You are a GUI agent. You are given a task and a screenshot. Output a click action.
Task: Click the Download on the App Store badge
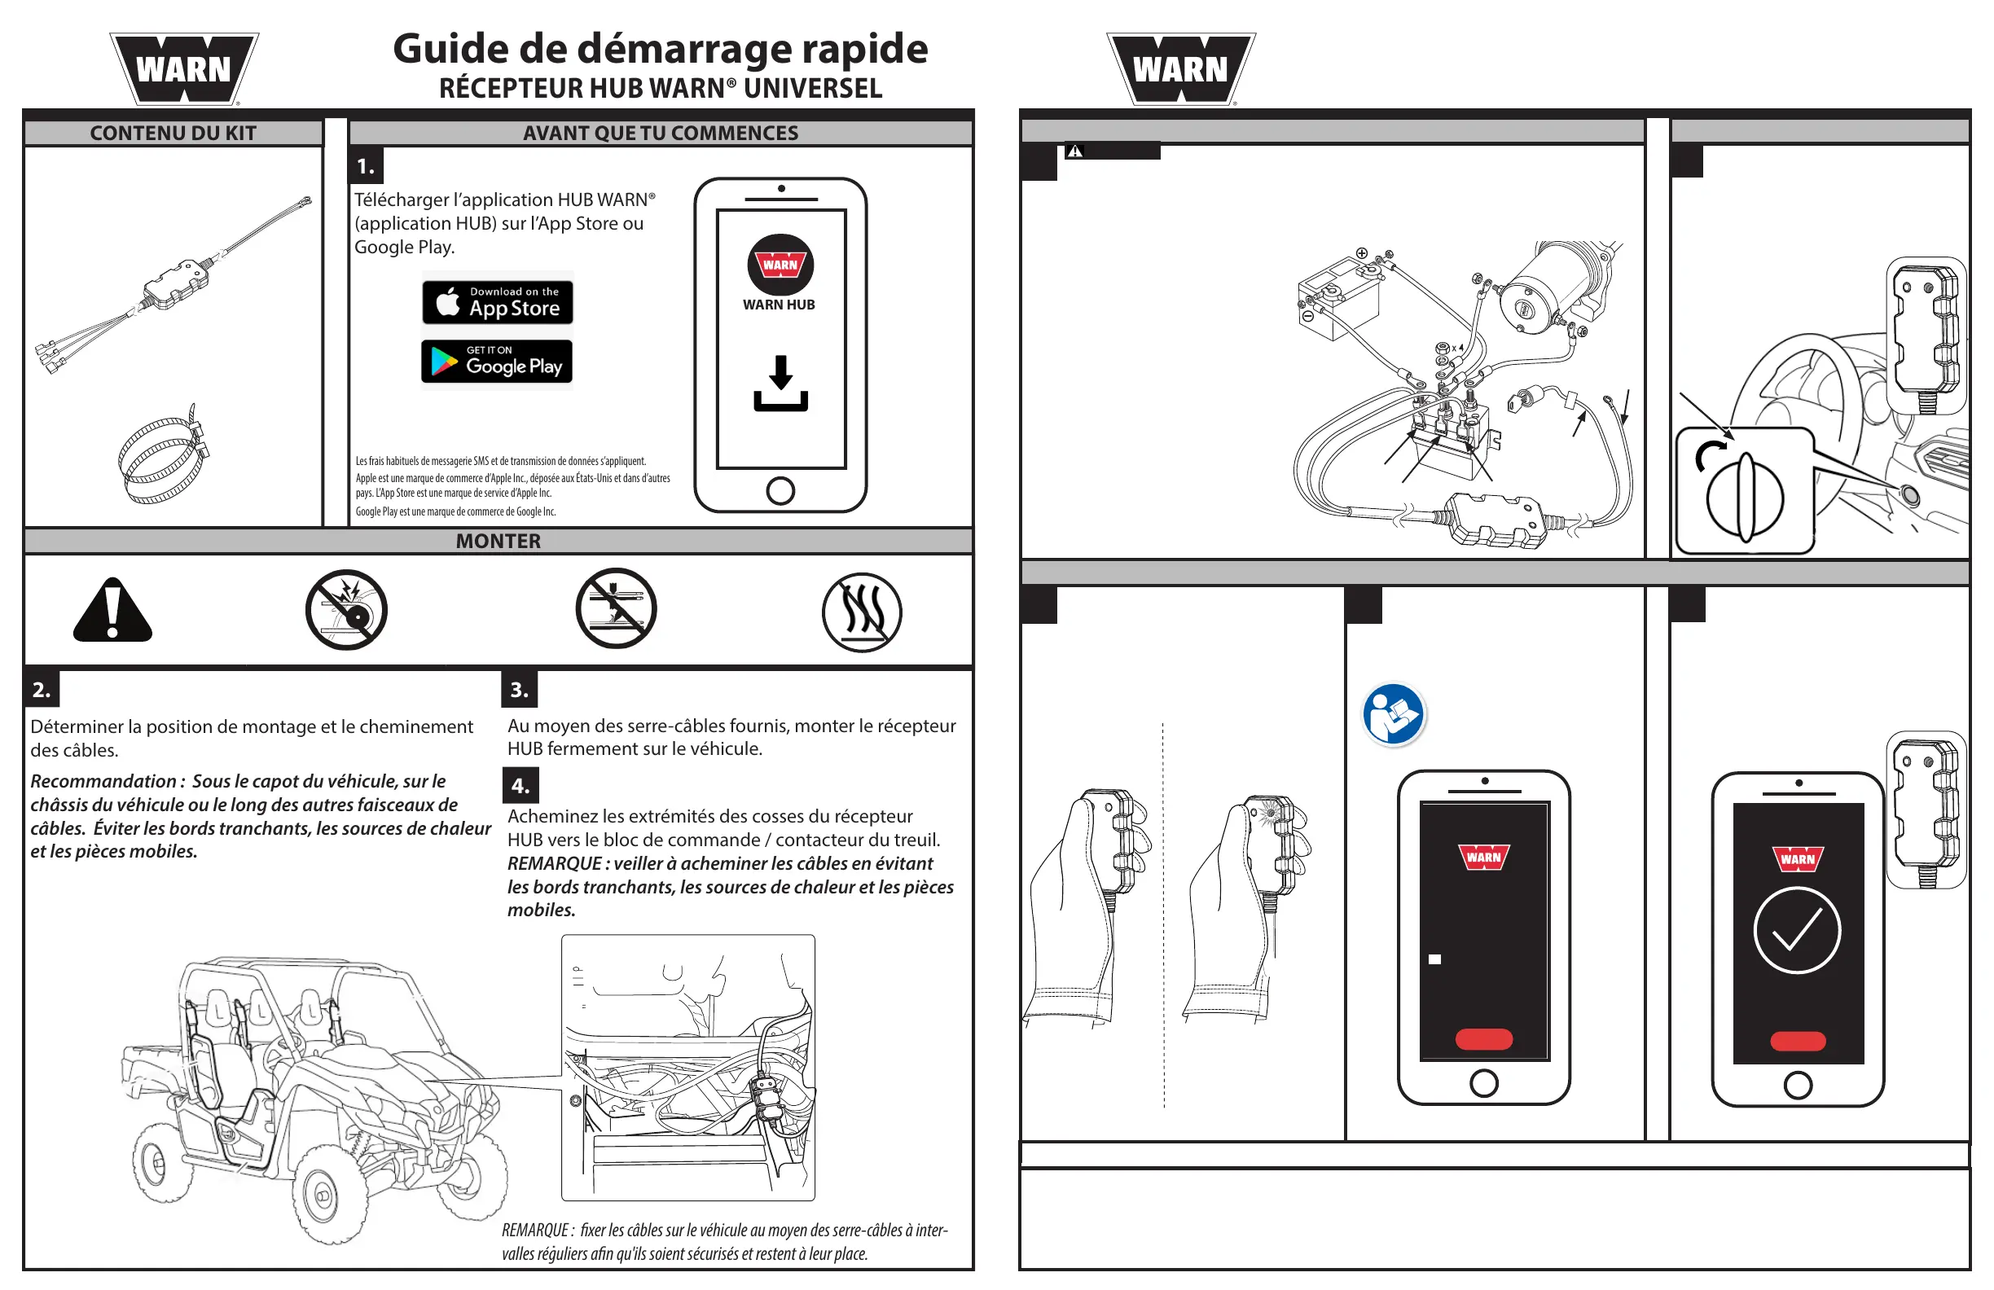click(x=498, y=302)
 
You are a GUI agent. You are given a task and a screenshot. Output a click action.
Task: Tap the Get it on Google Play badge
click(x=497, y=362)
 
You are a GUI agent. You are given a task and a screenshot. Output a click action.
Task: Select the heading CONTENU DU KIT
click(x=173, y=134)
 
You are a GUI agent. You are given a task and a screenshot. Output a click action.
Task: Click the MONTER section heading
click(x=498, y=541)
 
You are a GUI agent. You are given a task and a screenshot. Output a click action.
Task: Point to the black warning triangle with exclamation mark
click(x=112, y=611)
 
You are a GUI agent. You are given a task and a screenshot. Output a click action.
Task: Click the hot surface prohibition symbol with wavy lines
click(x=861, y=612)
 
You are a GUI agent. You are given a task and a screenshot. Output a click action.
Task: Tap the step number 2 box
click(x=41, y=690)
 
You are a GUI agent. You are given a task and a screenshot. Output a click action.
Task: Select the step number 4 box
click(x=520, y=786)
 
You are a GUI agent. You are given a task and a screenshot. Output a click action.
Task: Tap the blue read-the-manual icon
click(x=1392, y=714)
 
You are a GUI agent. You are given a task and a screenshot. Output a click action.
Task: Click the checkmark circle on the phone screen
click(x=1796, y=930)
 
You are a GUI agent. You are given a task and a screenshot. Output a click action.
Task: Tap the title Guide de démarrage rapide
click(x=661, y=49)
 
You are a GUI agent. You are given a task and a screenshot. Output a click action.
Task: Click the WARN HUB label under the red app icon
click(x=779, y=305)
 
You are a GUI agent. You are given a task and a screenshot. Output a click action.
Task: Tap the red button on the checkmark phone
click(x=1797, y=1042)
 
